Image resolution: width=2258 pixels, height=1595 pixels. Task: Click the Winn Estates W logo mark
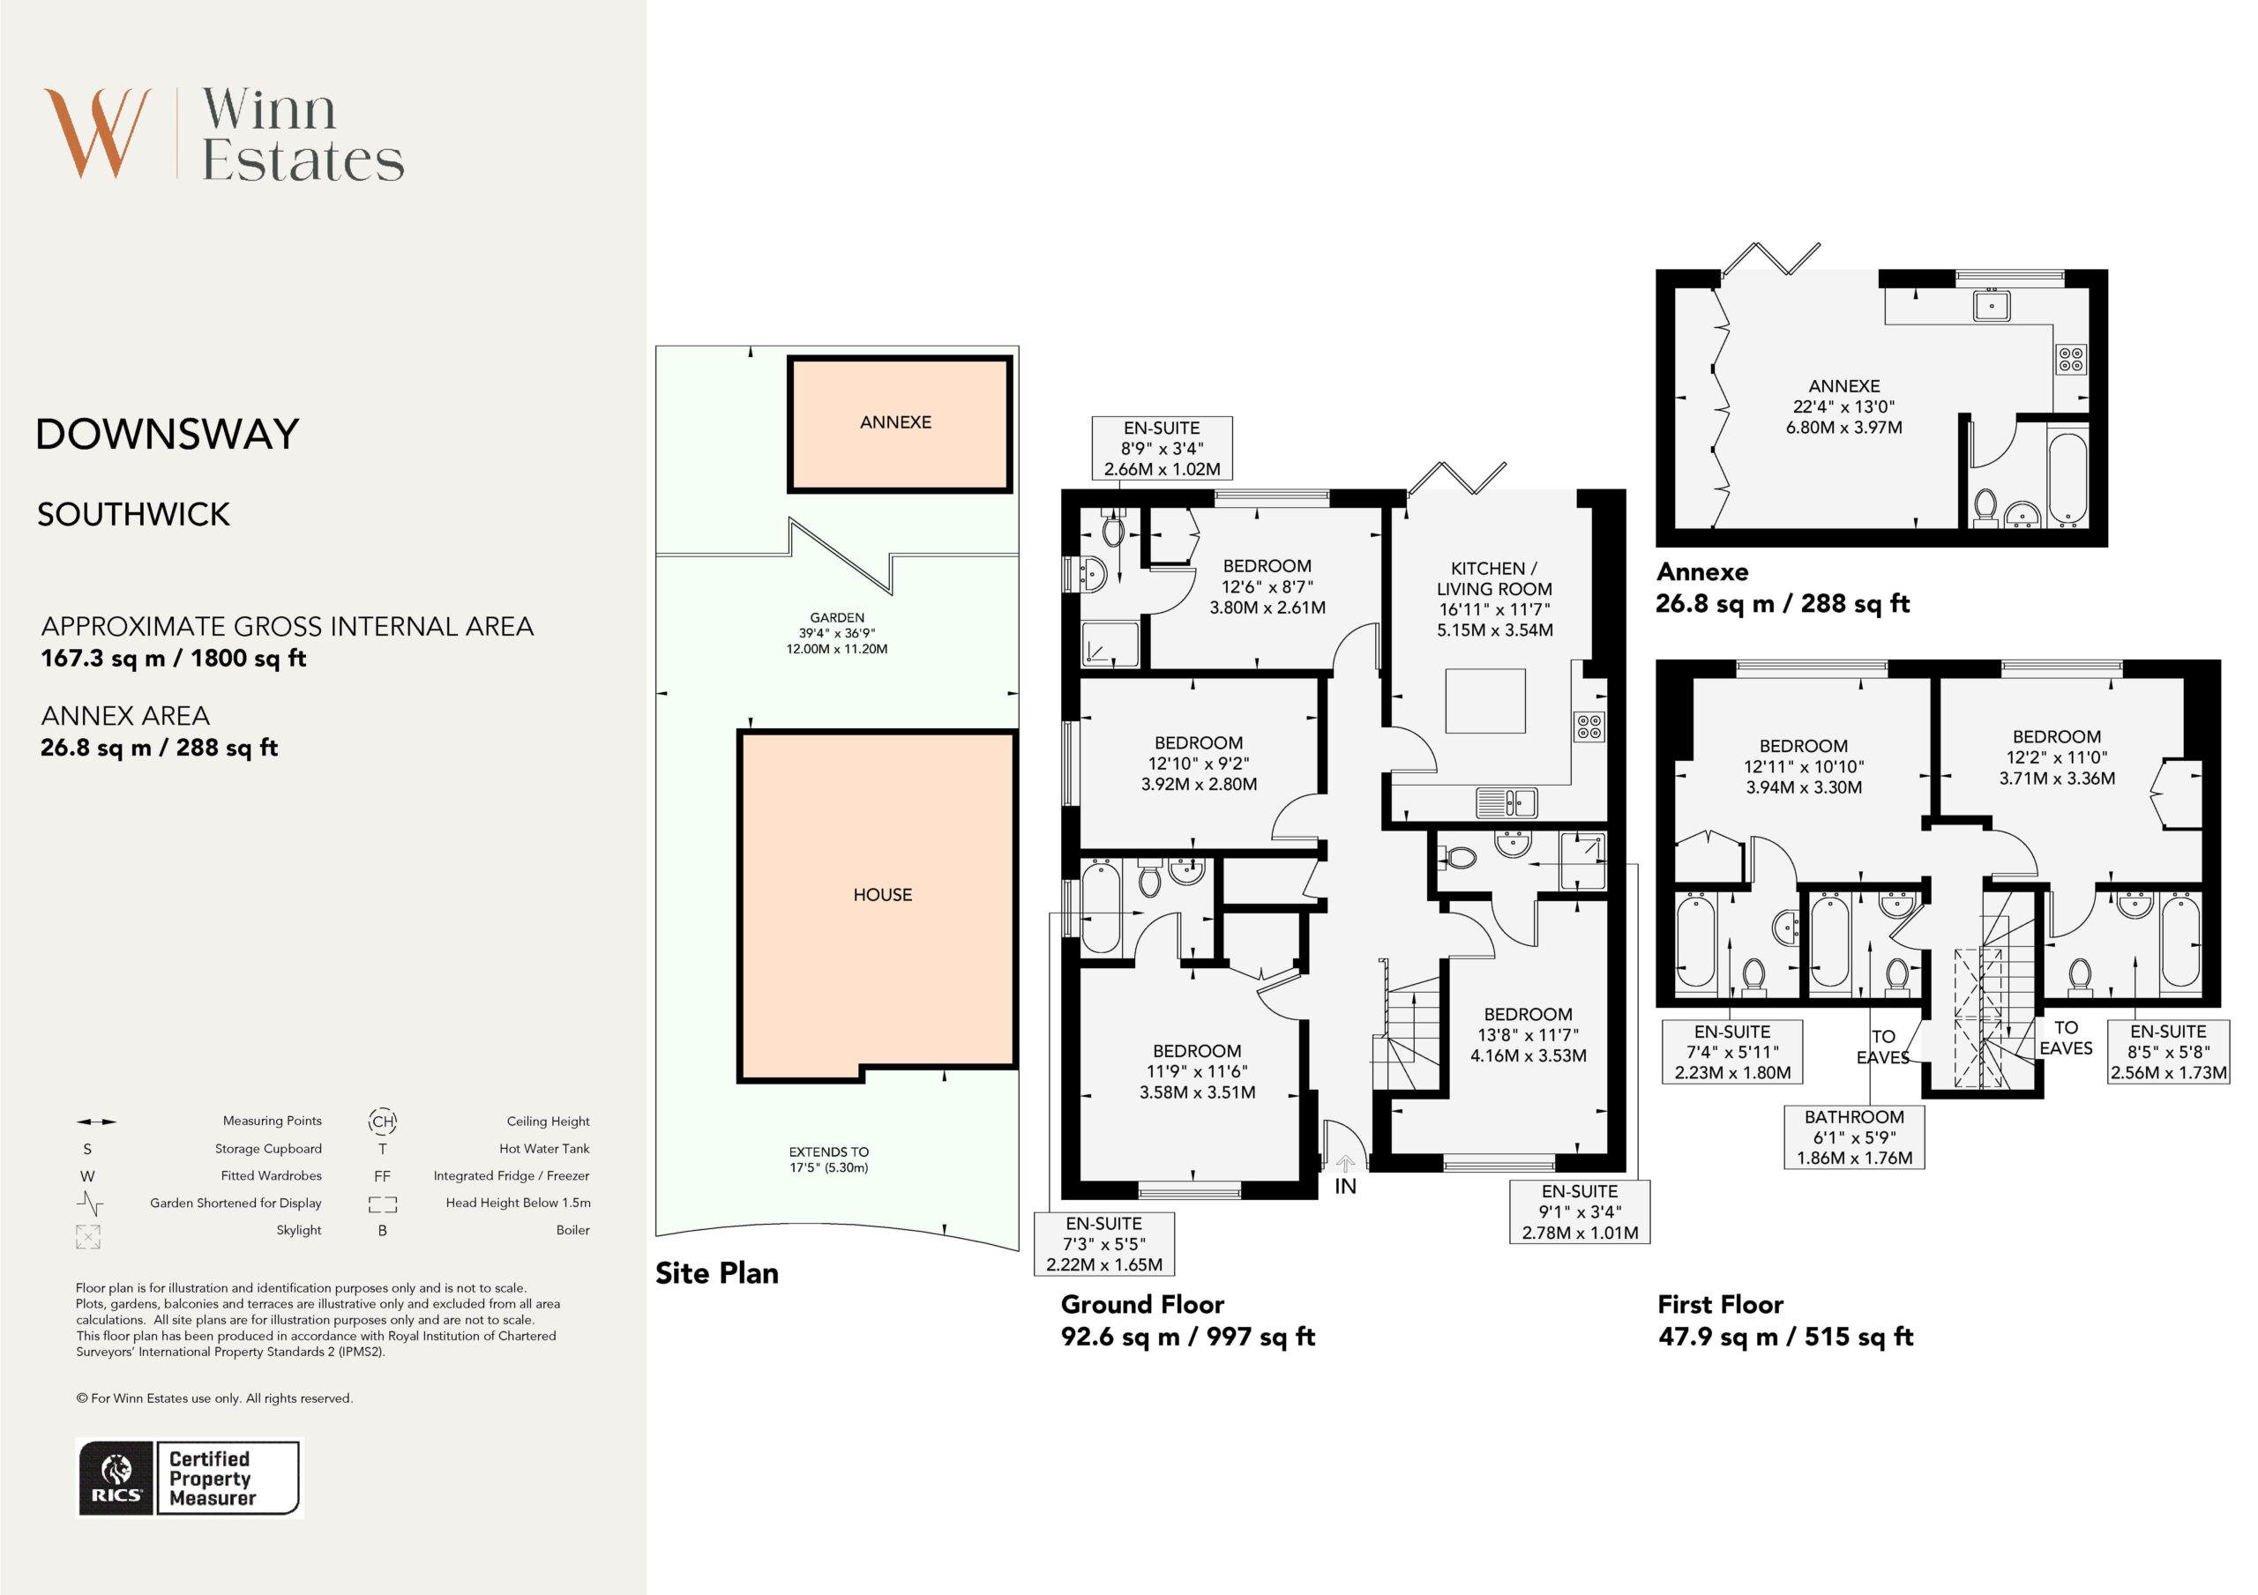coord(97,133)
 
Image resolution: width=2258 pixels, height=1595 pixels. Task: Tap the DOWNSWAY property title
coord(168,434)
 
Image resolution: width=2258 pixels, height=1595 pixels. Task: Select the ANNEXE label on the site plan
coord(895,421)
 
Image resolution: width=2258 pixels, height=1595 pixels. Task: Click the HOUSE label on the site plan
coord(882,895)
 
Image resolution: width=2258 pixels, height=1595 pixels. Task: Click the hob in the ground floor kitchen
coord(1590,726)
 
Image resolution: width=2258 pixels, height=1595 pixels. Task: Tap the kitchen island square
coord(1485,701)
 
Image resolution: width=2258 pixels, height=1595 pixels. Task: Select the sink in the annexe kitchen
coord(1992,306)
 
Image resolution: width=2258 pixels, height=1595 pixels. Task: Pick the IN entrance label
coord(1345,1187)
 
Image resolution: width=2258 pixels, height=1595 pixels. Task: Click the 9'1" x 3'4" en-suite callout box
coord(1580,1211)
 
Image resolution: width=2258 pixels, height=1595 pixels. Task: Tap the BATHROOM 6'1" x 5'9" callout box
coord(1854,1137)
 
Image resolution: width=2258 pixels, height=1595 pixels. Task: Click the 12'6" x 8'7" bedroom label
coord(1267,587)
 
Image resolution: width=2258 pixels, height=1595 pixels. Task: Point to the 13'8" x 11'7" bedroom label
coord(1528,1034)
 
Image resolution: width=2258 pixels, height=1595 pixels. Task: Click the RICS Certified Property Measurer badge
coord(189,1478)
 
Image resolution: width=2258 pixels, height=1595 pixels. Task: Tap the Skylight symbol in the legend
coord(87,1236)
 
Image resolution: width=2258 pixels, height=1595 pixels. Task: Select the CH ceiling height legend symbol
coord(383,1121)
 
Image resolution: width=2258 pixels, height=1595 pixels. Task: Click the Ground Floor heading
coord(1141,1304)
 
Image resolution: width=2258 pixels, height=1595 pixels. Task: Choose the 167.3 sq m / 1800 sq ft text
coord(173,658)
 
